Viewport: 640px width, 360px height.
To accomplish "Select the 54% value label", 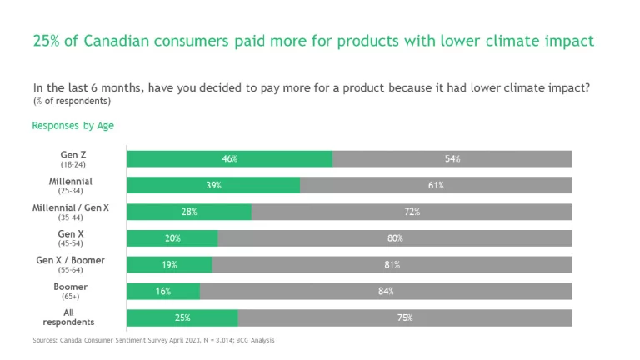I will [452, 158].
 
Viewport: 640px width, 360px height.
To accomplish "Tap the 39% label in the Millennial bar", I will [213, 185].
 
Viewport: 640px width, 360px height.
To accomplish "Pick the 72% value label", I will [412, 212].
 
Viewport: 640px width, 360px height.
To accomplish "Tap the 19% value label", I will [169, 265].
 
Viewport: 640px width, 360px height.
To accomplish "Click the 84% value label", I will [386, 292].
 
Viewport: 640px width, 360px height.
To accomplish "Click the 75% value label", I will [404, 318].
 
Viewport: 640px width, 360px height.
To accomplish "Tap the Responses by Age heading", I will [73, 126].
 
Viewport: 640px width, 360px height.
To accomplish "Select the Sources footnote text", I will [153, 340].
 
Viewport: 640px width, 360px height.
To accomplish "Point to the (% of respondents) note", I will [72, 101].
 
